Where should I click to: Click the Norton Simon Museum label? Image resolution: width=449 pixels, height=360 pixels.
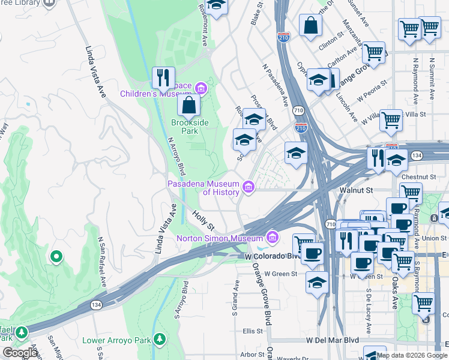[x=220, y=238]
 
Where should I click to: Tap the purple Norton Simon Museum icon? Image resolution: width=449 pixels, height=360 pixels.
[x=273, y=238]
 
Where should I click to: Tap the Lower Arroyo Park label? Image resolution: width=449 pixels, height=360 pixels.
[x=116, y=340]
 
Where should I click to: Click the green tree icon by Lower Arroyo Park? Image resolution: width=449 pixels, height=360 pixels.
[x=160, y=340]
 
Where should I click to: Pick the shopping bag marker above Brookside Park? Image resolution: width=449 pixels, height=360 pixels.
[x=188, y=106]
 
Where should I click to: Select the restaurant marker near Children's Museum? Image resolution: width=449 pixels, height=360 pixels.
[x=163, y=78]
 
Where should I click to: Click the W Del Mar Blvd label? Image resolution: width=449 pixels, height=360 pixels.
[x=332, y=340]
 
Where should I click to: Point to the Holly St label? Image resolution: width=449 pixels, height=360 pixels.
[x=203, y=220]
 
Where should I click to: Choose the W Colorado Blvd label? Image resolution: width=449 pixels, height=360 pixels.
[x=273, y=256]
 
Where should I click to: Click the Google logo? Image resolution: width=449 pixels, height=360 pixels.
[x=20, y=353]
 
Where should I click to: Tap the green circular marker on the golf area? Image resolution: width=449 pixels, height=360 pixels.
[x=56, y=257]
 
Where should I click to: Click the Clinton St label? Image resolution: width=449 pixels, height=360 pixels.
[x=331, y=43]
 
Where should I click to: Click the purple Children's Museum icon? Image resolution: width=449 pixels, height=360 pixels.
[x=200, y=90]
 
